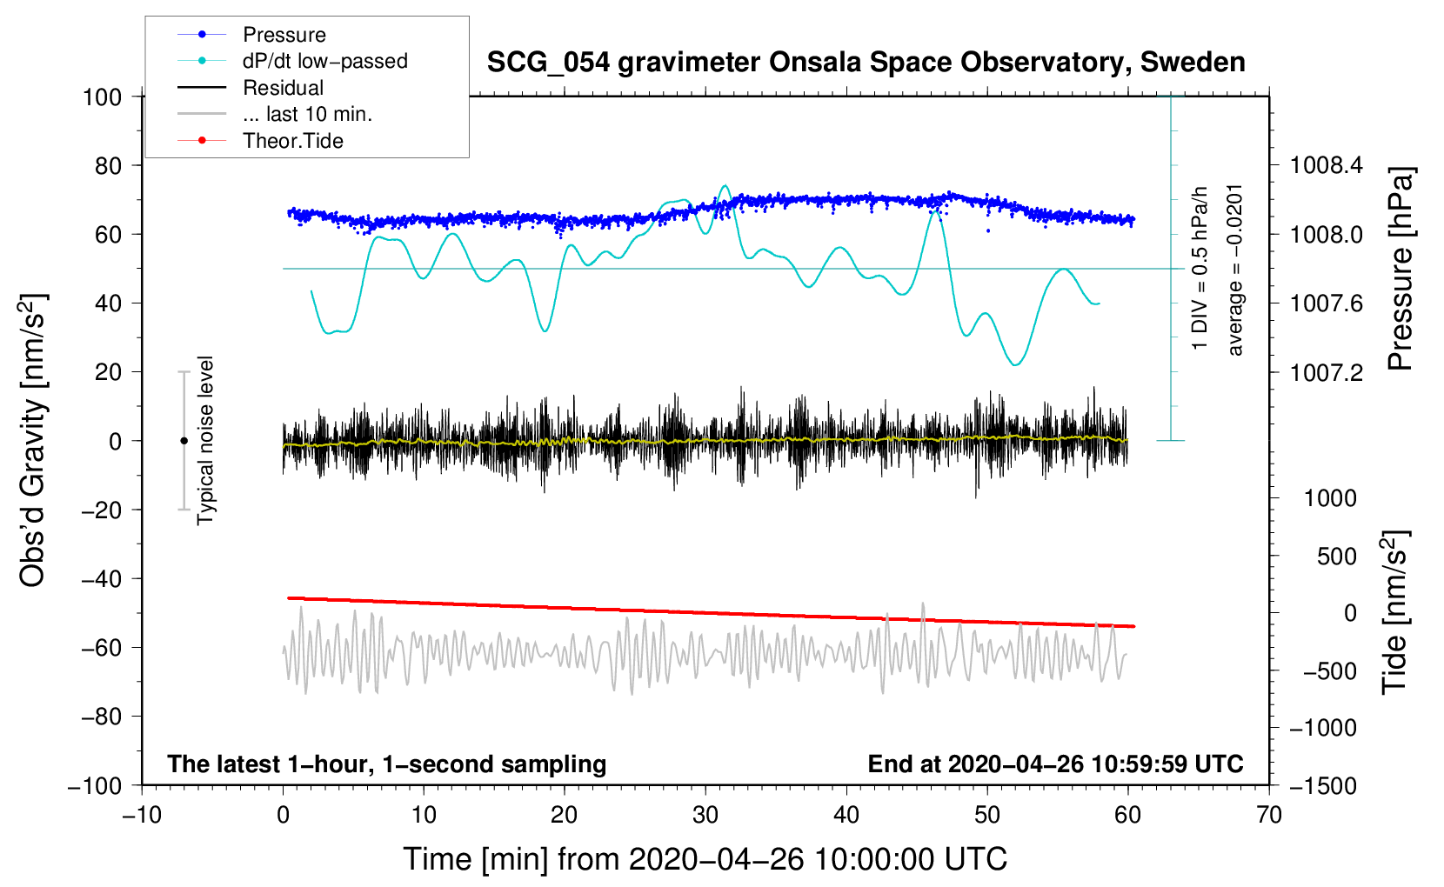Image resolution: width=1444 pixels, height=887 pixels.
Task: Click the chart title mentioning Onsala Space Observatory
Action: (866, 63)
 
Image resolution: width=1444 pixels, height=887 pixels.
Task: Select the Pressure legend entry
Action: (284, 35)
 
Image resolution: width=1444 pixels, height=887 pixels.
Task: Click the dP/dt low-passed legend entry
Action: (324, 61)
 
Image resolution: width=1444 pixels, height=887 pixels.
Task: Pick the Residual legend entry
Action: (283, 88)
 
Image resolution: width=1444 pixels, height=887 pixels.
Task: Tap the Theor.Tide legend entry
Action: (292, 141)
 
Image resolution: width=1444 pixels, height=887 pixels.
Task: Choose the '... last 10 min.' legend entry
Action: (307, 114)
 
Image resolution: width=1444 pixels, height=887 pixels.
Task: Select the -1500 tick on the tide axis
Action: (1323, 786)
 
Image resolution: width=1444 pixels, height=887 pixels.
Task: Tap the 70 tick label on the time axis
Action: (1269, 816)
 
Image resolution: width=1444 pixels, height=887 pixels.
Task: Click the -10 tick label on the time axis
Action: (142, 816)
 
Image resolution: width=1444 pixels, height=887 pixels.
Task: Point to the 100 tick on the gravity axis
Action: (102, 97)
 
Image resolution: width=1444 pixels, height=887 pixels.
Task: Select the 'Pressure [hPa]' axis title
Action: (1400, 270)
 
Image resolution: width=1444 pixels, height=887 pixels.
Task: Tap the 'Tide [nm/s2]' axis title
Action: (1394, 612)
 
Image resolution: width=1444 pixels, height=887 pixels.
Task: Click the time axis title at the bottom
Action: (705, 859)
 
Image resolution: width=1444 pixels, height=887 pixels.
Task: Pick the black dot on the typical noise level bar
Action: (184, 441)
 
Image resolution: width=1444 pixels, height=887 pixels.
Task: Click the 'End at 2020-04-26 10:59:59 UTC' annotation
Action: (1055, 764)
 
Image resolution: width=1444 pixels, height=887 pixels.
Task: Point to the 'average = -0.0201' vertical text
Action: (1234, 270)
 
